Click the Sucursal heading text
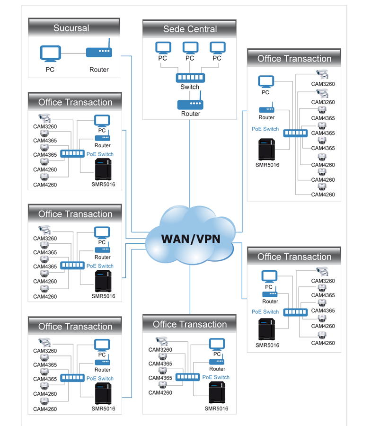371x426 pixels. (71, 28)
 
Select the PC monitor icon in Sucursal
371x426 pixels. (50, 53)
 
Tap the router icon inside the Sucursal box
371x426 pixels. (98, 53)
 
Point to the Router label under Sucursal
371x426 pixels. (99, 70)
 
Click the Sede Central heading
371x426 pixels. (190, 29)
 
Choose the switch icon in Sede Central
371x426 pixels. (190, 78)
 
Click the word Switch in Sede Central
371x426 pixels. (190, 87)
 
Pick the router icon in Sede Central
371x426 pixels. (190, 104)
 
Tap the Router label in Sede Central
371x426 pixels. (190, 114)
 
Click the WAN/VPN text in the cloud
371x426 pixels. (191, 238)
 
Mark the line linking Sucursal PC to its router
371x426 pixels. (73, 53)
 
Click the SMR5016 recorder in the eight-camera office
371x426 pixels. (267, 150)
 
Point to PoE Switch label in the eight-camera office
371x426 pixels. (265, 129)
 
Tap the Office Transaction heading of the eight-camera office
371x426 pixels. (294, 59)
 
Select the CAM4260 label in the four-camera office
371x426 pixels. (160, 392)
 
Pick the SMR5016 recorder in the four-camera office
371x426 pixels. (216, 392)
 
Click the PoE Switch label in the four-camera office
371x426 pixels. (215, 377)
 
